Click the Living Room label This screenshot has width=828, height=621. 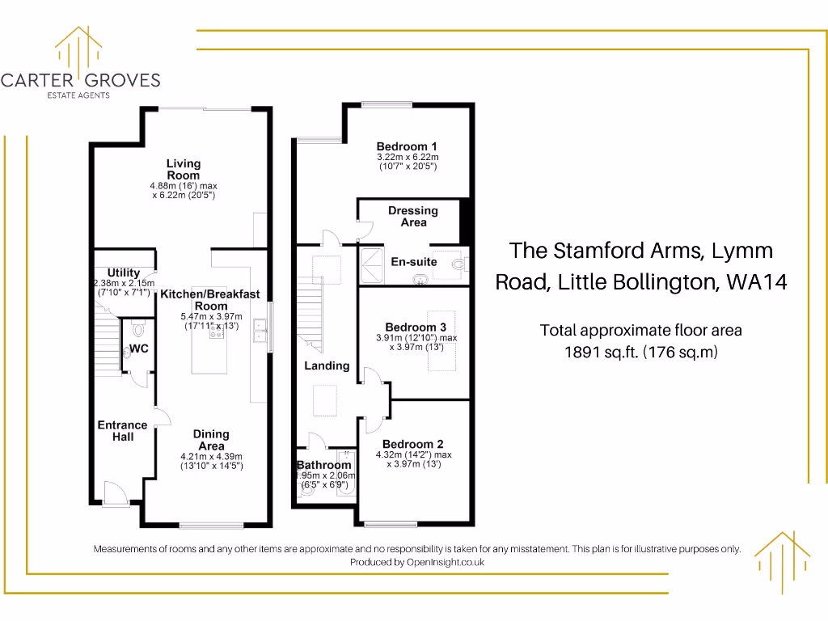(184, 170)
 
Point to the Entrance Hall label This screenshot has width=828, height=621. (122, 431)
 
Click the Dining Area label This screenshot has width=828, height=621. (211, 440)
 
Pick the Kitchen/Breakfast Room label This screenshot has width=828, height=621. (210, 300)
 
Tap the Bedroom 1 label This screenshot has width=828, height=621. (407, 146)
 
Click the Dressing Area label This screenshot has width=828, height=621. (413, 217)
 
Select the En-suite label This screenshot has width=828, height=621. (414, 262)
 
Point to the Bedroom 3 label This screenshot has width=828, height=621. (416, 327)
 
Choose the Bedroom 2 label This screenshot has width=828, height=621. (413, 444)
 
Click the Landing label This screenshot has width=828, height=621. (327, 365)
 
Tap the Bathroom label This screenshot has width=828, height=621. (324, 465)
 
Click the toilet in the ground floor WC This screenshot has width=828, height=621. (137, 329)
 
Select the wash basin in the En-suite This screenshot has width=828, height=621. (420, 280)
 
